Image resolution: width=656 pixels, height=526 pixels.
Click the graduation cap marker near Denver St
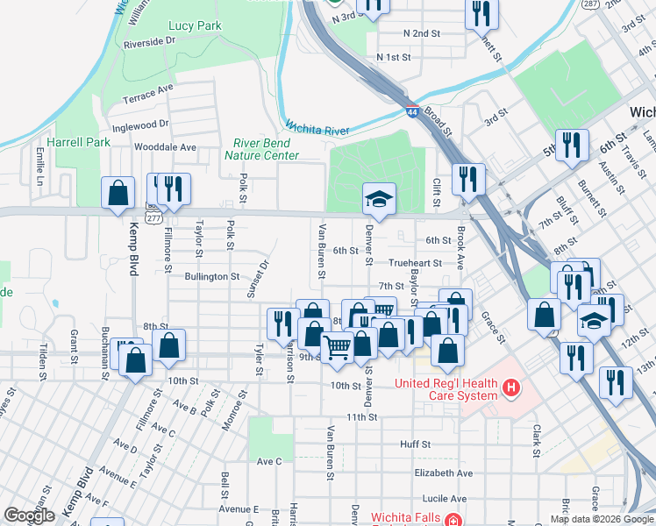click(x=380, y=199)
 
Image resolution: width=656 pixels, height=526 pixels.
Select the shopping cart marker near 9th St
click(x=338, y=348)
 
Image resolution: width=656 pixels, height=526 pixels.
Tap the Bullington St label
click(x=211, y=276)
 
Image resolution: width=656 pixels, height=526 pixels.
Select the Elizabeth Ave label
click(x=444, y=473)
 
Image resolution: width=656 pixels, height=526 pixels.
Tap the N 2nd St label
click(x=421, y=32)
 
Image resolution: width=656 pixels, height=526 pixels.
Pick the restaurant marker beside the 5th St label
click(x=572, y=146)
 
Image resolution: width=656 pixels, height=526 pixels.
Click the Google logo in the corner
click(x=30, y=515)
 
